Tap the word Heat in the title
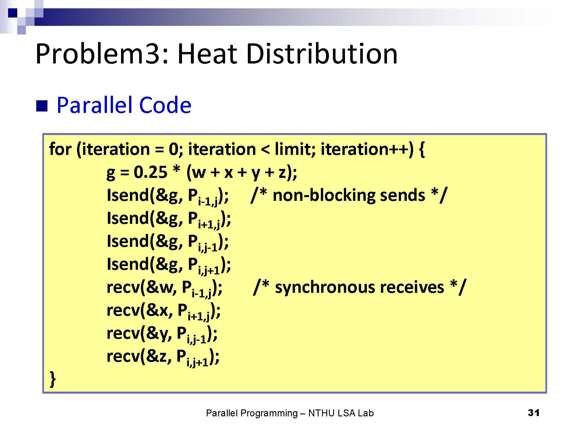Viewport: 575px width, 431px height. click(208, 54)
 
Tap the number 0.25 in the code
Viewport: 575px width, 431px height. click(150, 172)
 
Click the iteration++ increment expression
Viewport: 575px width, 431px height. click(367, 149)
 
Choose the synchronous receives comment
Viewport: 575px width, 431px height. click(359, 287)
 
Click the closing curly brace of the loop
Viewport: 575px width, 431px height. click(53, 379)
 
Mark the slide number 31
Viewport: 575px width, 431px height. click(534, 413)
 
